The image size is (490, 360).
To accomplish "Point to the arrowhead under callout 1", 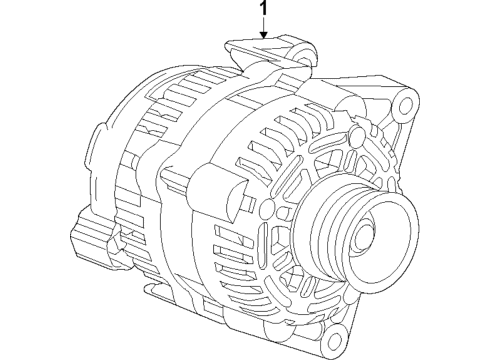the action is click(263, 37).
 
